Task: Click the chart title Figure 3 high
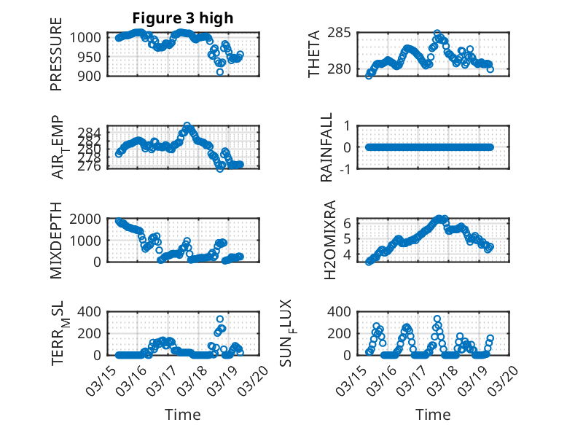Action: [x=182, y=18]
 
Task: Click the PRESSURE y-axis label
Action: [x=56, y=59]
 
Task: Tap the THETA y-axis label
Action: [x=314, y=54]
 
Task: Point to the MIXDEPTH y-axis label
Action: [x=56, y=241]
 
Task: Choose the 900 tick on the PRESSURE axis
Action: [x=94, y=75]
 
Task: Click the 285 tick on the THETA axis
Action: [x=342, y=33]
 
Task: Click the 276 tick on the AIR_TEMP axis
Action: [x=93, y=167]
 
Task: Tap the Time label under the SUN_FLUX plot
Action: [x=433, y=415]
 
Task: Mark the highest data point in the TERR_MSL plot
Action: [x=220, y=319]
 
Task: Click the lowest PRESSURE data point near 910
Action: [x=220, y=71]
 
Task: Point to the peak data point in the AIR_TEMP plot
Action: [x=187, y=126]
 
